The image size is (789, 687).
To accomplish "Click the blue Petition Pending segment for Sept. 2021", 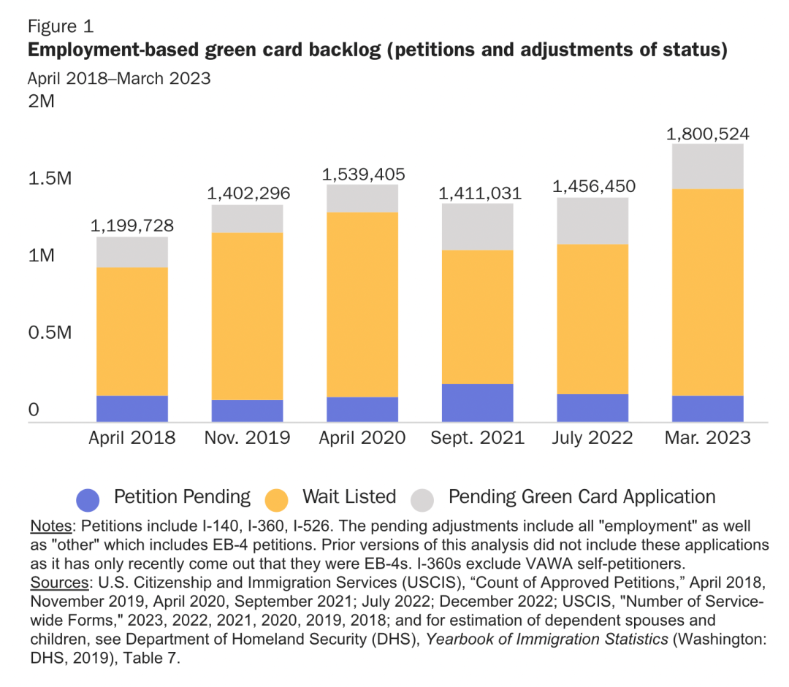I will [x=478, y=402].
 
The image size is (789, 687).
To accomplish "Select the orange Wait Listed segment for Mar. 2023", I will [x=708, y=292].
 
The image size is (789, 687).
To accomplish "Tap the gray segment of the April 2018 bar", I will [x=132, y=252].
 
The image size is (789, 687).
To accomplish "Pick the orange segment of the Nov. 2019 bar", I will [x=248, y=316].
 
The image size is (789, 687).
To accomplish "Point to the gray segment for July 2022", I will [x=592, y=220].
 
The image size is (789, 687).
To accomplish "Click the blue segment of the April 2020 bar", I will [x=362, y=409].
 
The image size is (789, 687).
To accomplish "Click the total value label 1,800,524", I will [x=708, y=134].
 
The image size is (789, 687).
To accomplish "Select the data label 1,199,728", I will [x=132, y=226].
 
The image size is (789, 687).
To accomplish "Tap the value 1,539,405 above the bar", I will [x=363, y=174].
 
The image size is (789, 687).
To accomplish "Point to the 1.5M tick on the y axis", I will [x=50, y=178].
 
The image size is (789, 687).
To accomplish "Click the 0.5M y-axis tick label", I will [x=50, y=333].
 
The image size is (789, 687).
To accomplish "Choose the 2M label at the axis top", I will [x=42, y=101].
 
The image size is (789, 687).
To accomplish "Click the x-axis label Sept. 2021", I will [x=478, y=438].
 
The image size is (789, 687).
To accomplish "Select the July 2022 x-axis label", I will [x=592, y=438].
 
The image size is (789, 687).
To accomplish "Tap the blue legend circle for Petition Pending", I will [x=88, y=499].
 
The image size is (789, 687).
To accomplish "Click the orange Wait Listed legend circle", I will [x=277, y=499].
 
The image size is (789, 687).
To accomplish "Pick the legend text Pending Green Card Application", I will [x=582, y=497].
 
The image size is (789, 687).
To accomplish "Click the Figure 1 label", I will [x=61, y=27].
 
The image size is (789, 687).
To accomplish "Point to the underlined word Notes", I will [x=50, y=526].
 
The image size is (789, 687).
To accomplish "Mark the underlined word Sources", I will [x=57, y=583].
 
